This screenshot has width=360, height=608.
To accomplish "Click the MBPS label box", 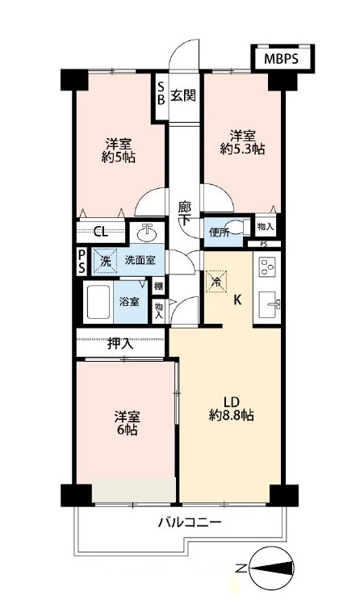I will tap(283, 60).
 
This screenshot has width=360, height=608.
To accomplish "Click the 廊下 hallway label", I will tap(185, 212).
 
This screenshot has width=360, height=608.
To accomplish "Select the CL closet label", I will tap(100, 232).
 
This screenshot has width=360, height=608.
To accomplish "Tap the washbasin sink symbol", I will tap(147, 233).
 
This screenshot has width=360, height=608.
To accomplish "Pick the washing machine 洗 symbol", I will tap(103, 261).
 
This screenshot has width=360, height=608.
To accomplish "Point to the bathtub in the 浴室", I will tap(97, 300).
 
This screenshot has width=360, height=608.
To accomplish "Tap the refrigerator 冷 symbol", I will tap(215, 282).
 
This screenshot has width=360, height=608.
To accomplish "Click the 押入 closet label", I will tap(121, 343).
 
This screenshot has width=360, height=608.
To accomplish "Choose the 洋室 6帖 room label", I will tap(127, 424).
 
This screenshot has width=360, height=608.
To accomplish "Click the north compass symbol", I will tap(270, 568).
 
